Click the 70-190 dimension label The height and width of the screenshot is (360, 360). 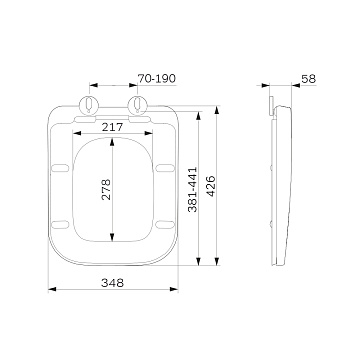156,79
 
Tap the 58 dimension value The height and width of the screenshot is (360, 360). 308,79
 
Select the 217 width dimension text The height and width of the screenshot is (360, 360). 112,127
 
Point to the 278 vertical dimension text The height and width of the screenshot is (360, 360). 106,189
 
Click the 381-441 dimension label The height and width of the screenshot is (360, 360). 193,189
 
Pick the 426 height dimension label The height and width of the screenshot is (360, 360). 211,186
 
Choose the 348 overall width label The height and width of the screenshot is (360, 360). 112,283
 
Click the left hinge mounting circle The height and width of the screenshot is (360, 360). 89,104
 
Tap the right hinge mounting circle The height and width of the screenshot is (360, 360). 138,104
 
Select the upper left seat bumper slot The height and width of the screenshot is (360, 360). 60,168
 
